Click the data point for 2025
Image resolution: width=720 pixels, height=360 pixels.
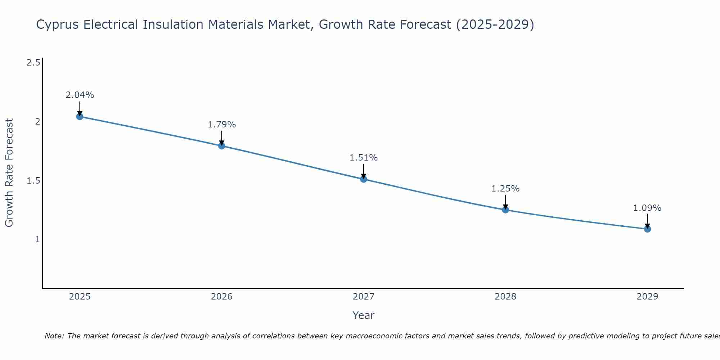tap(80, 116)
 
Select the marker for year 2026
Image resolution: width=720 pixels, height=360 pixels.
tap(221, 146)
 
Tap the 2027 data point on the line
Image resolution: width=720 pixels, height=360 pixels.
tap(364, 179)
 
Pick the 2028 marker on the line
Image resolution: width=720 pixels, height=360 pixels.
tap(505, 210)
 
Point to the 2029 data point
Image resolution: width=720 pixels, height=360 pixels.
tap(647, 229)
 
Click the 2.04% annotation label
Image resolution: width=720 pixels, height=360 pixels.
tap(80, 95)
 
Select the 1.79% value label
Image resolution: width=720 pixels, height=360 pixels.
tap(221, 125)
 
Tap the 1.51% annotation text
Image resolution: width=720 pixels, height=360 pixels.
tap(364, 158)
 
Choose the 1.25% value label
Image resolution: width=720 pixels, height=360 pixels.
tap(505, 189)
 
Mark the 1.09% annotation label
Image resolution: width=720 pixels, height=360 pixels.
tap(647, 208)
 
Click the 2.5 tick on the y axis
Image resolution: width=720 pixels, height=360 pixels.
tap(33, 63)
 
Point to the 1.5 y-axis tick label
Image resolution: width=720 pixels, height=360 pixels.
tap(33, 180)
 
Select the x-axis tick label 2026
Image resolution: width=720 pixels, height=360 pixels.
tap(221, 297)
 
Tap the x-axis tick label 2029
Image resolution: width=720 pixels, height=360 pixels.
tap(647, 297)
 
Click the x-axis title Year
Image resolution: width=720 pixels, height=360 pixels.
tap(364, 315)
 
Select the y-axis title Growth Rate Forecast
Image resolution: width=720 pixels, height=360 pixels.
tap(9, 173)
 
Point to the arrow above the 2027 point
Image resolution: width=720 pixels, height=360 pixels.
tap(364, 171)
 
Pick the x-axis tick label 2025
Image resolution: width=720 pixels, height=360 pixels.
tap(80, 297)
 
